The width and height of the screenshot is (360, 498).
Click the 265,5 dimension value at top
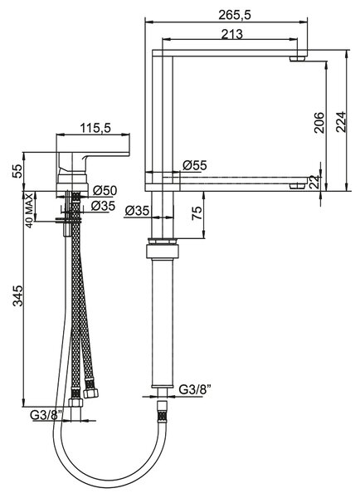click(235, 15)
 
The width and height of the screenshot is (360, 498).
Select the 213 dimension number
click(231, 34)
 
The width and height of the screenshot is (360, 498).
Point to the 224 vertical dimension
click(340, 121)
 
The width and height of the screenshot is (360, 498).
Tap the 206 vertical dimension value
click(319, 122)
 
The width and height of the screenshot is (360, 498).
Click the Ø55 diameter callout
click(195, 165)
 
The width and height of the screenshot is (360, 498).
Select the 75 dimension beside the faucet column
click(197, 213)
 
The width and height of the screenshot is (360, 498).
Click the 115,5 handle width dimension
click(95, 128)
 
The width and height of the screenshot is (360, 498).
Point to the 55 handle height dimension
click(17, 171)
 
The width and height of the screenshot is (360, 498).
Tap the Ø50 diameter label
click(105, 190)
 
